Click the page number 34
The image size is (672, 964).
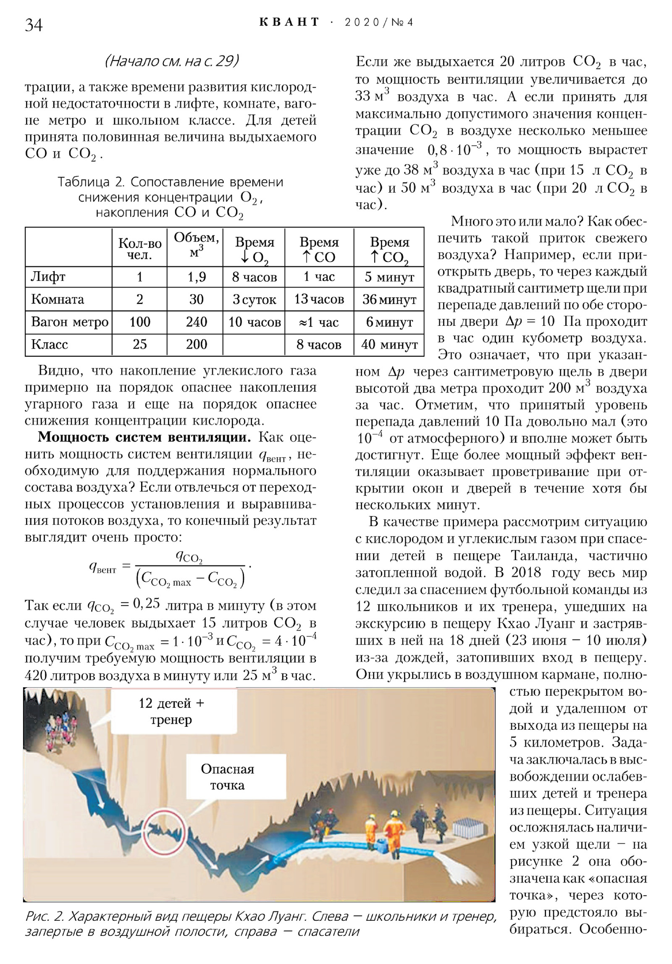34,25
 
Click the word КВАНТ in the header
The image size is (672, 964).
289,22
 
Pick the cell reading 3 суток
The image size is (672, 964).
254,299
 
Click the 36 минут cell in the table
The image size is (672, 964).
389,299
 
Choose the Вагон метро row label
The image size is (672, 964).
69,322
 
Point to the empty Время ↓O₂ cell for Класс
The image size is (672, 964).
254,345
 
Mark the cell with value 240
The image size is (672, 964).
196,322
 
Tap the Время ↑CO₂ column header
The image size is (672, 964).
389,250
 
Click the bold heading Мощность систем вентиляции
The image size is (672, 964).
144,437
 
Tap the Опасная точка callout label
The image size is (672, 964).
227,777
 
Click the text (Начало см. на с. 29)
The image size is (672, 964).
171,61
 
